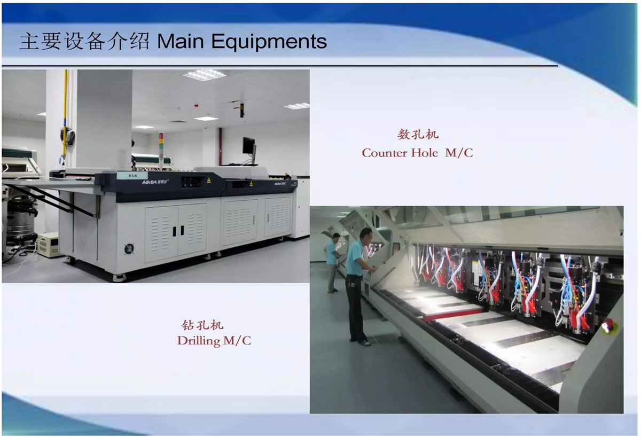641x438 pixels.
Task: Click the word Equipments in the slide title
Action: pos(269,42)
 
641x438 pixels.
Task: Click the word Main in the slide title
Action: pos(181,41)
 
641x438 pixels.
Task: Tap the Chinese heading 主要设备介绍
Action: pos(85,41)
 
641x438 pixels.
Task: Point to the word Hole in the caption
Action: pos(424,153)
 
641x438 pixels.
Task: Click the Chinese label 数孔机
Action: pos(418,134)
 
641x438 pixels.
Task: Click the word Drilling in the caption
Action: pos(199,341)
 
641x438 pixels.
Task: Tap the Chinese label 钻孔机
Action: pos(202,325)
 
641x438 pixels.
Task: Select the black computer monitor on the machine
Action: pos(249,146)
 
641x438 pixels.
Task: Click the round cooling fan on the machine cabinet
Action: pos(129,248)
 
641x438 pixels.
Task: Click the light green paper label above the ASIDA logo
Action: pos(132,175)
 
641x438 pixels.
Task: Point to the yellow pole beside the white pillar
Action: pos(65,118)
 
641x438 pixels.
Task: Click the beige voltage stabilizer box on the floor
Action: pos(49,245)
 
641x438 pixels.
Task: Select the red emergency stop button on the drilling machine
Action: pos(608,326)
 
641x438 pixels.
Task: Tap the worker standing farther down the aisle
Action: pos(333,262)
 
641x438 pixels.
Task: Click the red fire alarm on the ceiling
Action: pos(197,105)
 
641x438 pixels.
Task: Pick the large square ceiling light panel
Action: pos(204,75)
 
